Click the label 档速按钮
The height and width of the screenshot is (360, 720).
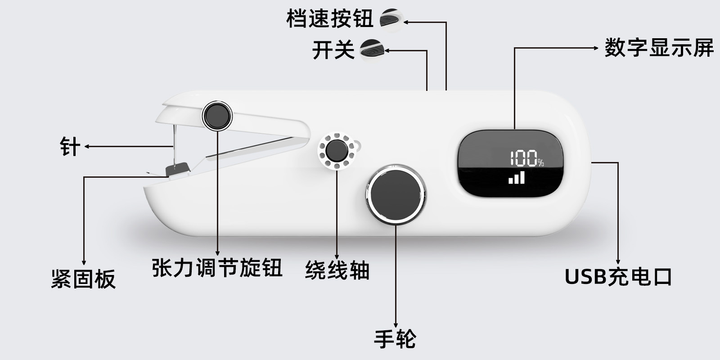pyautogui.click(x=330, y=19)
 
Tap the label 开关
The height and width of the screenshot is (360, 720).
pyautogui.click(x=333, y=50)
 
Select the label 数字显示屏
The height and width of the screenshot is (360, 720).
pyautogui.click(x=659, y=48)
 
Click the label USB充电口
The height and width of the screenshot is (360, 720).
pyautogui.click(x=618, y=277)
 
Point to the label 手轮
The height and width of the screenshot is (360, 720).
pyautogui.click(x=395, y=339)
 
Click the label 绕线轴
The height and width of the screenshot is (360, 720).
pyautogui.click(x=337, y=270)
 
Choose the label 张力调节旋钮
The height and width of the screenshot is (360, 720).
pyautogui.click(x=217, y=268)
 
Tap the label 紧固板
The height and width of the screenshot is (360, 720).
pyautogui.click(x=83, y=279)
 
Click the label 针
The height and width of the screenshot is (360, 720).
pyautogui.click(x=70, y=147)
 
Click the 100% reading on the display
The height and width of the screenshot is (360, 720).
pyautogui.click(x=526, y=158)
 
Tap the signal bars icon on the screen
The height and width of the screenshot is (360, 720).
pyautogui.click(x=517, y=177)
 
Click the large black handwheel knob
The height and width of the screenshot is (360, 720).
pyautogui.click(x=396, y=194)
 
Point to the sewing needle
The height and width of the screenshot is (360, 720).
pyautogui.click(x=174, y=144)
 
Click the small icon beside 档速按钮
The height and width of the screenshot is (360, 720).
pyautogui.click(x=390, y=19)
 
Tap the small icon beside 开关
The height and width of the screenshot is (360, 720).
pyautogui.click(x=372, y=49)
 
